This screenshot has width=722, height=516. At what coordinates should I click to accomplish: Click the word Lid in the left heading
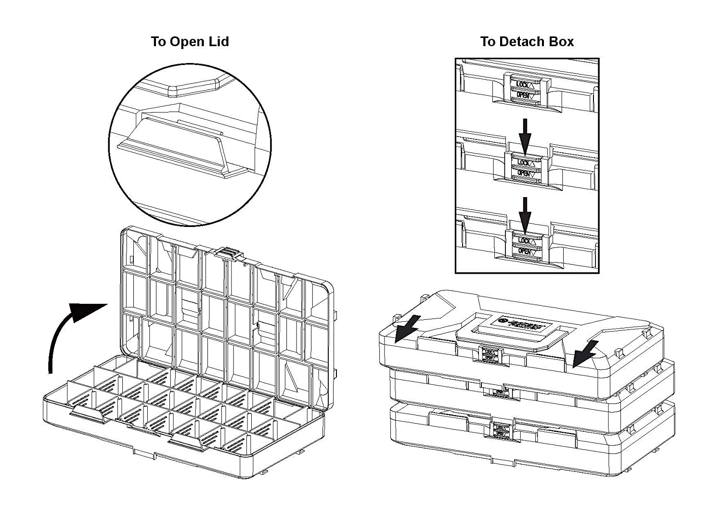(x=219, y=42)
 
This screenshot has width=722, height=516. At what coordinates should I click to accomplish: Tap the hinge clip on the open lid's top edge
(x=230, y=252)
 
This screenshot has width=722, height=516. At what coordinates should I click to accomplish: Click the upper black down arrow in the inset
(x=525, y=135)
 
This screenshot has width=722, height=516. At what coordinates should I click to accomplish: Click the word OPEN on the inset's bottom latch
(x=526, y=251)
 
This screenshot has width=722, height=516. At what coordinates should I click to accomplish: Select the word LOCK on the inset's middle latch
(x=525, y=162)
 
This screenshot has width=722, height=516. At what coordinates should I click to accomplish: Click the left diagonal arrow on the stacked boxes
(x=407, y=329)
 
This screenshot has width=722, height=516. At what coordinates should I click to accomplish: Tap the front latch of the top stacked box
(x=491, y=355)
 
